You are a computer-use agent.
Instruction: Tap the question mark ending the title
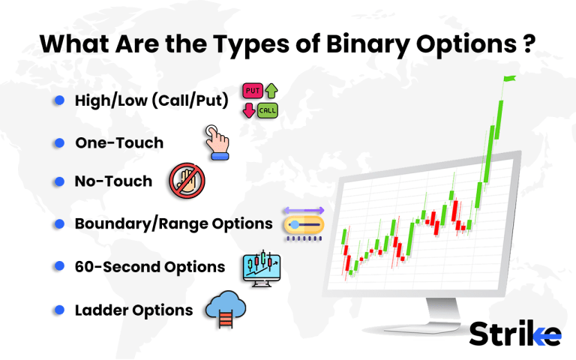click(x=527, y=43)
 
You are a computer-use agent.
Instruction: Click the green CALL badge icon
click(x=267, y=111)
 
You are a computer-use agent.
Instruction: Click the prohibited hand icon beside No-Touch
click(x=187, y=181)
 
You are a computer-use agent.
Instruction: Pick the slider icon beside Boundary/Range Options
click(x=304, y=223)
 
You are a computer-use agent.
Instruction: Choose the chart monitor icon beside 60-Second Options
click(x=262, y=266)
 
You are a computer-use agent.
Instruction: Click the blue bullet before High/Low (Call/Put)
click(x=58, y=100)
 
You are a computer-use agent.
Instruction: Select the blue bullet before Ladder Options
click(x=58, y=310)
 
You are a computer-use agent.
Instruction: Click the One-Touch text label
click(x=119, y=142)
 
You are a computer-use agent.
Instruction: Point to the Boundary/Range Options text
click(x=173, y=223)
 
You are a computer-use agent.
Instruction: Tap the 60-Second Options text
click(x=150, y=266)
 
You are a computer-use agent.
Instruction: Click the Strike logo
click(x=514, y=333)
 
